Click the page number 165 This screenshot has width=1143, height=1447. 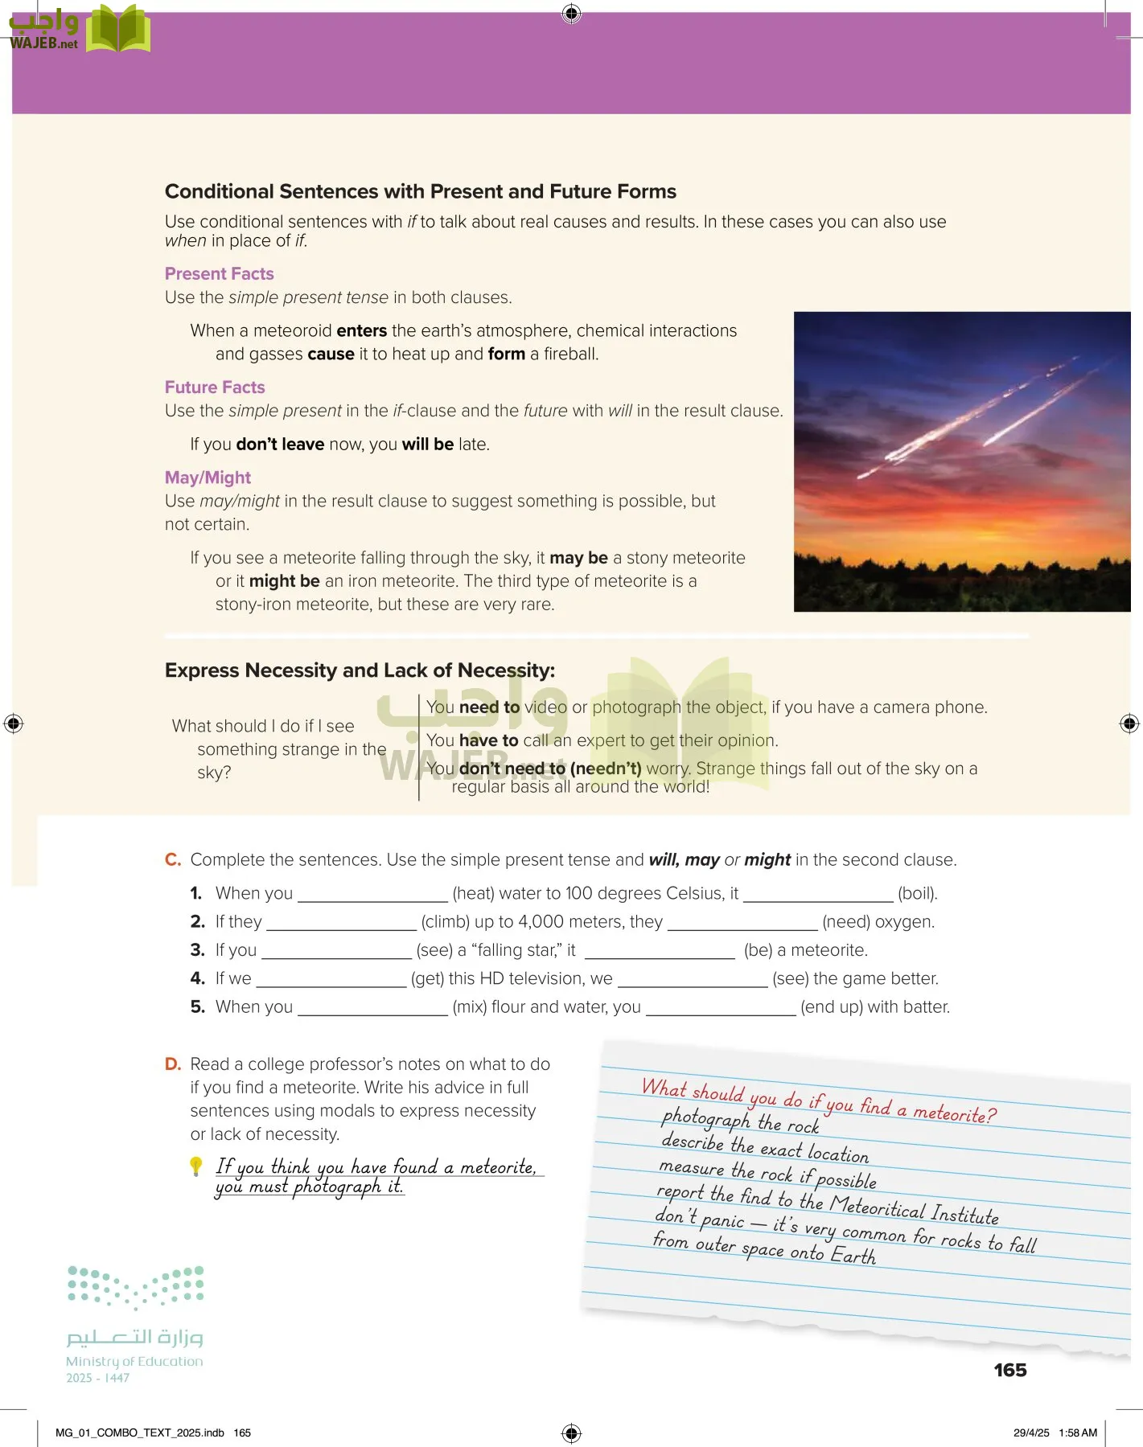pos(1009,1370)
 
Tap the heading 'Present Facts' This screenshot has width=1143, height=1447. pos(219,273)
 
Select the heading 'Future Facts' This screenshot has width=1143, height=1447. pos(215,387)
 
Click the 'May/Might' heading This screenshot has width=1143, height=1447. pos(208,478)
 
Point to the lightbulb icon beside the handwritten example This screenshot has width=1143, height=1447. pos(196,1166)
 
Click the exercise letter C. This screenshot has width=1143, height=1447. pos(173,859)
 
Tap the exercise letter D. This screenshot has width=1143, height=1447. pos(173,1064)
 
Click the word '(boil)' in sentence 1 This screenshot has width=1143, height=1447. pos(917,893)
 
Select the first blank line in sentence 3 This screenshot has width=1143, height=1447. pos(336,952)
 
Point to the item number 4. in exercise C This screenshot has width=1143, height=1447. pos(198,978)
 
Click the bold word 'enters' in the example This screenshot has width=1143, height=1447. pos(361,330)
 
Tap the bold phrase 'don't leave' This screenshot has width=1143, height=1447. pos(280,444)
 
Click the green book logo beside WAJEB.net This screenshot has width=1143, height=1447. pos(117,29)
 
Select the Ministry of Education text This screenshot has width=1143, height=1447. pos(134,1361)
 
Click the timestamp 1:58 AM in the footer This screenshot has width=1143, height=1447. pos(1078,1433)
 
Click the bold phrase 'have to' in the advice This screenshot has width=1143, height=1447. pos(488,740)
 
